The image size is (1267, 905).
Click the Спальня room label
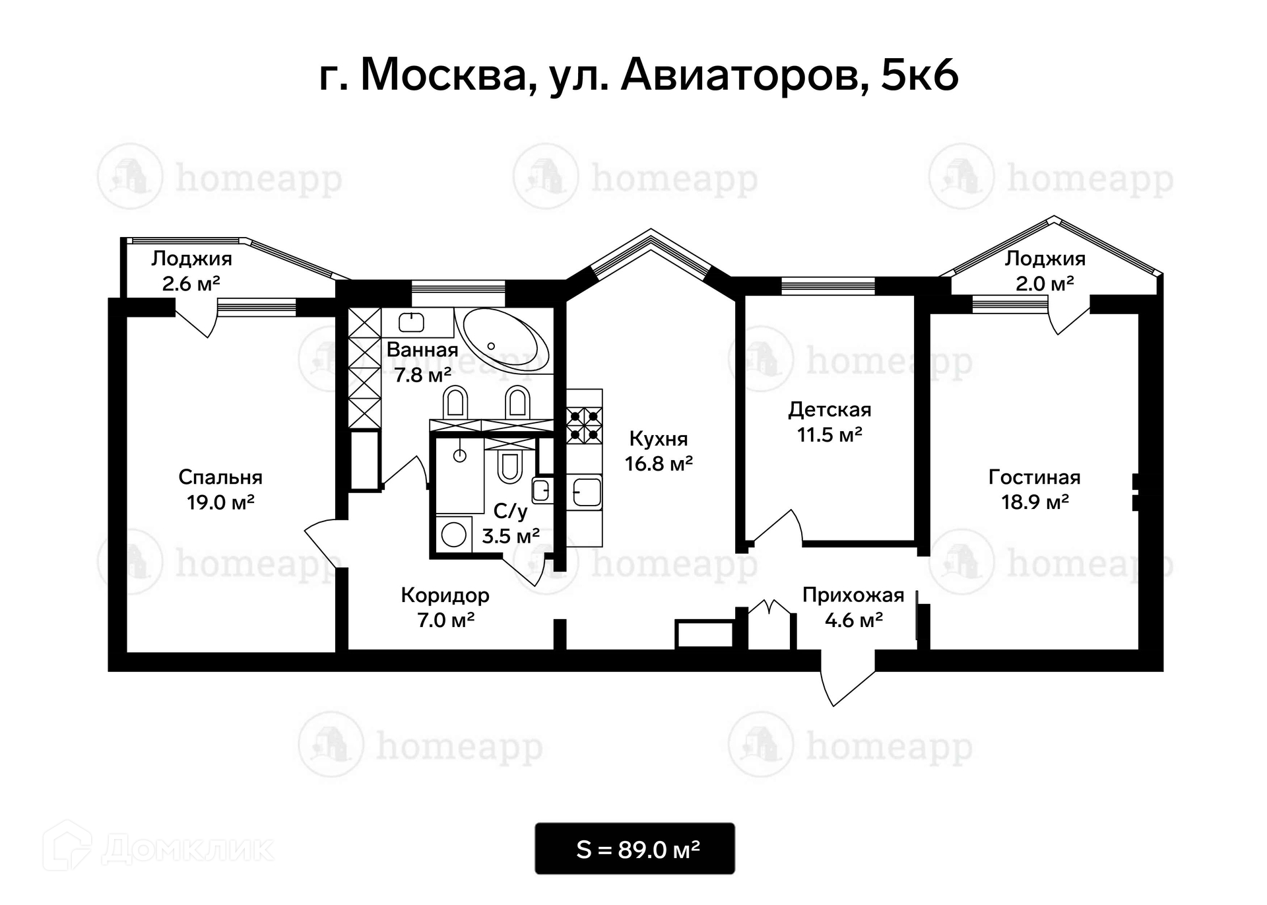coord(220,477)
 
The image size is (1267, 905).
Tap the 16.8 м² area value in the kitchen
coord(659,463)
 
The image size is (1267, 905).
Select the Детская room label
coord(829,410)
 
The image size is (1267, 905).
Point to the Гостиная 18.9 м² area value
coord(1035,502)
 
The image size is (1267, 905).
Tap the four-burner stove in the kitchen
coord(585,425)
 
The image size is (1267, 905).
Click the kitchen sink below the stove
coord(586,492)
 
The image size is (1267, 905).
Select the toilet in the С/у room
coord(509,466)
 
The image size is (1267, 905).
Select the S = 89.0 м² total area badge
coord(635,849)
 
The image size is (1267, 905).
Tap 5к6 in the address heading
coord(919,75)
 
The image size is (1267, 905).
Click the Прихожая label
coord(853,595)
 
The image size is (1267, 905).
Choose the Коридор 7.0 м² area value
coord(446,620)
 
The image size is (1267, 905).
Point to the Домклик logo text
coord(187,850)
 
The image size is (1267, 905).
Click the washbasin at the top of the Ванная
coord(412,322)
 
